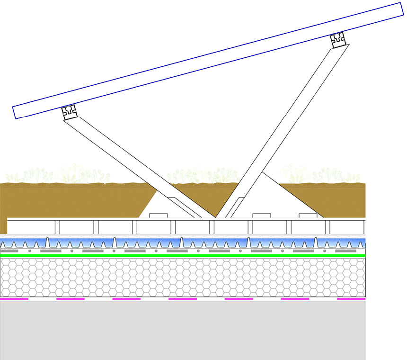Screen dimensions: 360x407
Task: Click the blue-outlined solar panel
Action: coord(208,60)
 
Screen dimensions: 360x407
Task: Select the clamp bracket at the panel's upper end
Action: coord(338,40)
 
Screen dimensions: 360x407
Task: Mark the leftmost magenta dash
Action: coord(14,299)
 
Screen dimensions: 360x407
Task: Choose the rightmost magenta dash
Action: coord(351,299)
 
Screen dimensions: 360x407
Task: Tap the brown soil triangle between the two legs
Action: coord(194,194)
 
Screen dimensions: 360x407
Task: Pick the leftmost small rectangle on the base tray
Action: coord(159,216)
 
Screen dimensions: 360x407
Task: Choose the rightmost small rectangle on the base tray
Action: coord(308,216)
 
